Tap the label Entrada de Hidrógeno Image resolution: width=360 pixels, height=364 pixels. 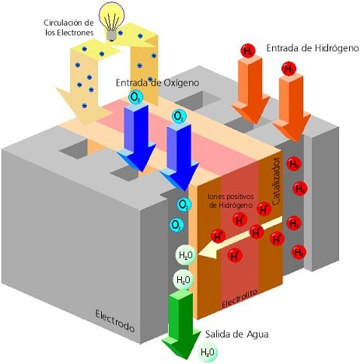pyautogui.click(x=313, y=48)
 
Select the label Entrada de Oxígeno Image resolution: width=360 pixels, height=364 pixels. pyautogui.click(x=157, y=82)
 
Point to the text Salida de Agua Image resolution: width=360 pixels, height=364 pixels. pyautogui.click(x=237, y=334)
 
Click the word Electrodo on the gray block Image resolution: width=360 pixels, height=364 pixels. pyautogui.click(x=115, y=321)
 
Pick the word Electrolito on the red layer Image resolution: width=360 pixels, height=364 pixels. pyautogui.click(x=239, y=298)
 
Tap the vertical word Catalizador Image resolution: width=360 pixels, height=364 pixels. pyautogui.click(x=276, y=181)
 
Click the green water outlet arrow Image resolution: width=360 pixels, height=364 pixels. pyautogui.click(x=181, y=324)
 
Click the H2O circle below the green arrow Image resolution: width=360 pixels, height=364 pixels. pyautogui.click(x=208, y=352)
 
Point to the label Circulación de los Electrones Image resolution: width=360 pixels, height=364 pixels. pyautogui.click(x=68, y=27)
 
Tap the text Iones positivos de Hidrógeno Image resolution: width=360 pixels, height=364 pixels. pyautogui.click(x=230, y=201)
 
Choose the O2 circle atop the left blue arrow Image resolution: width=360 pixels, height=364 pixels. pyautogui.click(x=136, y=97)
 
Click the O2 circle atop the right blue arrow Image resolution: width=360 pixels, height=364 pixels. pyautogui.click(x=179, y=117)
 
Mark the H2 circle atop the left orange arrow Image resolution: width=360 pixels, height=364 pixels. pyautogui.click(x=248, y=51)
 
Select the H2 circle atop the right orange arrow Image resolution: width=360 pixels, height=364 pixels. pyautogui.click(x=288, y=69)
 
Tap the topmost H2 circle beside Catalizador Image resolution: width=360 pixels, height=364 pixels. pyautogui.click(x=294, y=164)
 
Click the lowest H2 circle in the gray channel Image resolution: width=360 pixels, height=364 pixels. pyautogui.click(x=299, y=252)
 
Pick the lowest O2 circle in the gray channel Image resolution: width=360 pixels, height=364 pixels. pyautogui.click(x=177, y=225)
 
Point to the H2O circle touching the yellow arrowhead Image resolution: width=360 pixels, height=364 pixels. pyautogui.click(x=186, y=255)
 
